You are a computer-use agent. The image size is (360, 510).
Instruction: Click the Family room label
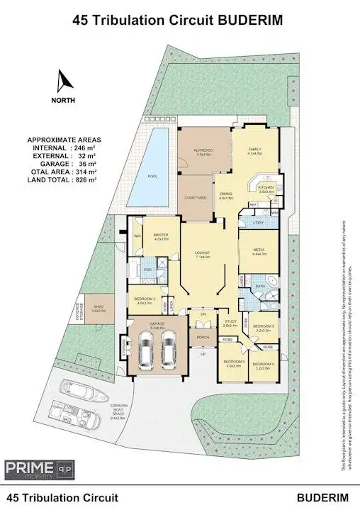pyautogui.click(x=254, y=150)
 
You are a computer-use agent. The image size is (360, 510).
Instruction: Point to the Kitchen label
pyautogui.click(x=266, y=188)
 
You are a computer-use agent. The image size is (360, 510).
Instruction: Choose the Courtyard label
pyautogui.click(x=196, y=198)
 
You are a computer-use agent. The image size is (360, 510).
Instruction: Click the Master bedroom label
pyautogui.click(x=161, y=235)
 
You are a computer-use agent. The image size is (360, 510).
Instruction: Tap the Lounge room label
pyautogui.click(x=203, y=253)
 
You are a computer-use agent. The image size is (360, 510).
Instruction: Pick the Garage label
pyautogui.click(x=157, y=325)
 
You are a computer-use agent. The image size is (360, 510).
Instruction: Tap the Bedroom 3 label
pyautogui.click(x=234, y=363)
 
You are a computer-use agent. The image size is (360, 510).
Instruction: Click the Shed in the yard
pyautogui.click(x=99, y=307)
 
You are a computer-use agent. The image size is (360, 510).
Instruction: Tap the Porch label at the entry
pyautogui.click(x=203, y=338)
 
